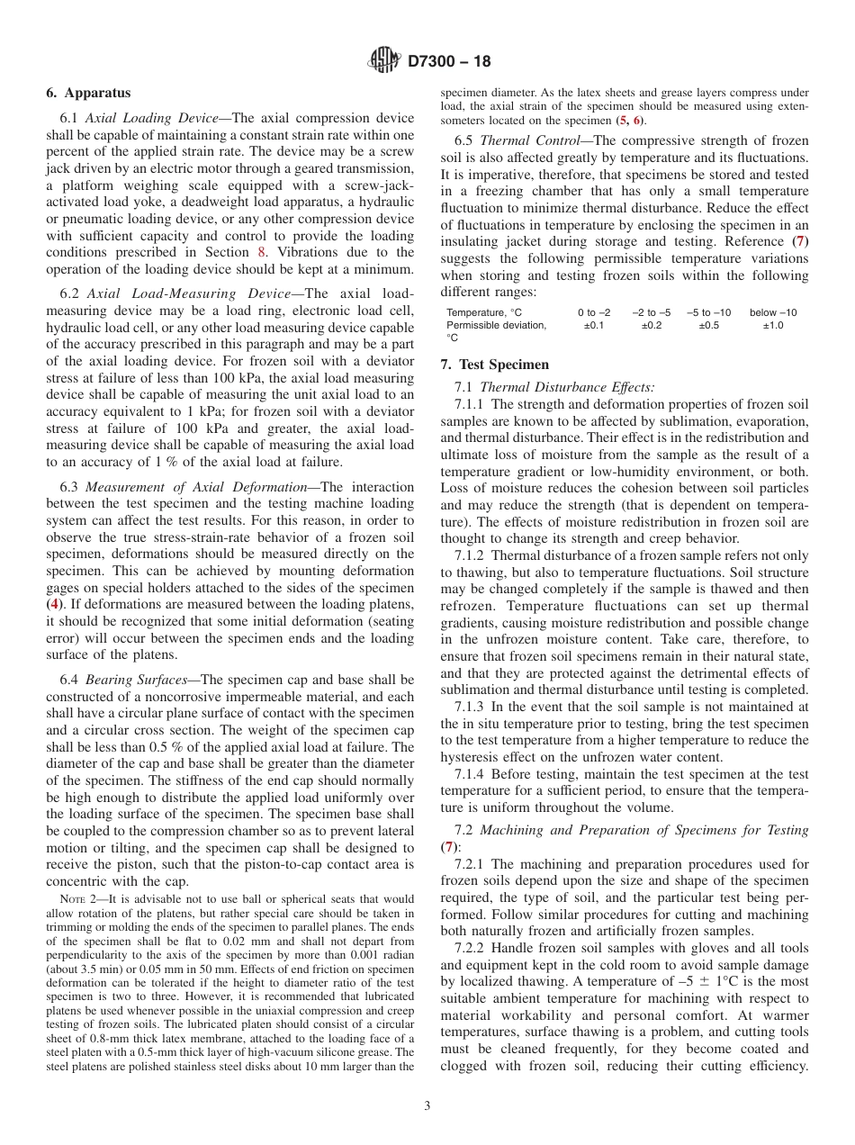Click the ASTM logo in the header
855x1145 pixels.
coord(384,61)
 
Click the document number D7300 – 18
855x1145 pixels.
coord(449,62)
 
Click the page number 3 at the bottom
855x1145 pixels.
coord(427,1105)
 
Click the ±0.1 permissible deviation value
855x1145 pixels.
coord(594,325)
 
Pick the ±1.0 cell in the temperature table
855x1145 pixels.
coord(773,325)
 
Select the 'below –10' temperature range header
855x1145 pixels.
coord(773,312)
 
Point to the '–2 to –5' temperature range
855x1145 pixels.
coord(651,312)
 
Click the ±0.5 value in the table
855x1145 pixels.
coord(708,325)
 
